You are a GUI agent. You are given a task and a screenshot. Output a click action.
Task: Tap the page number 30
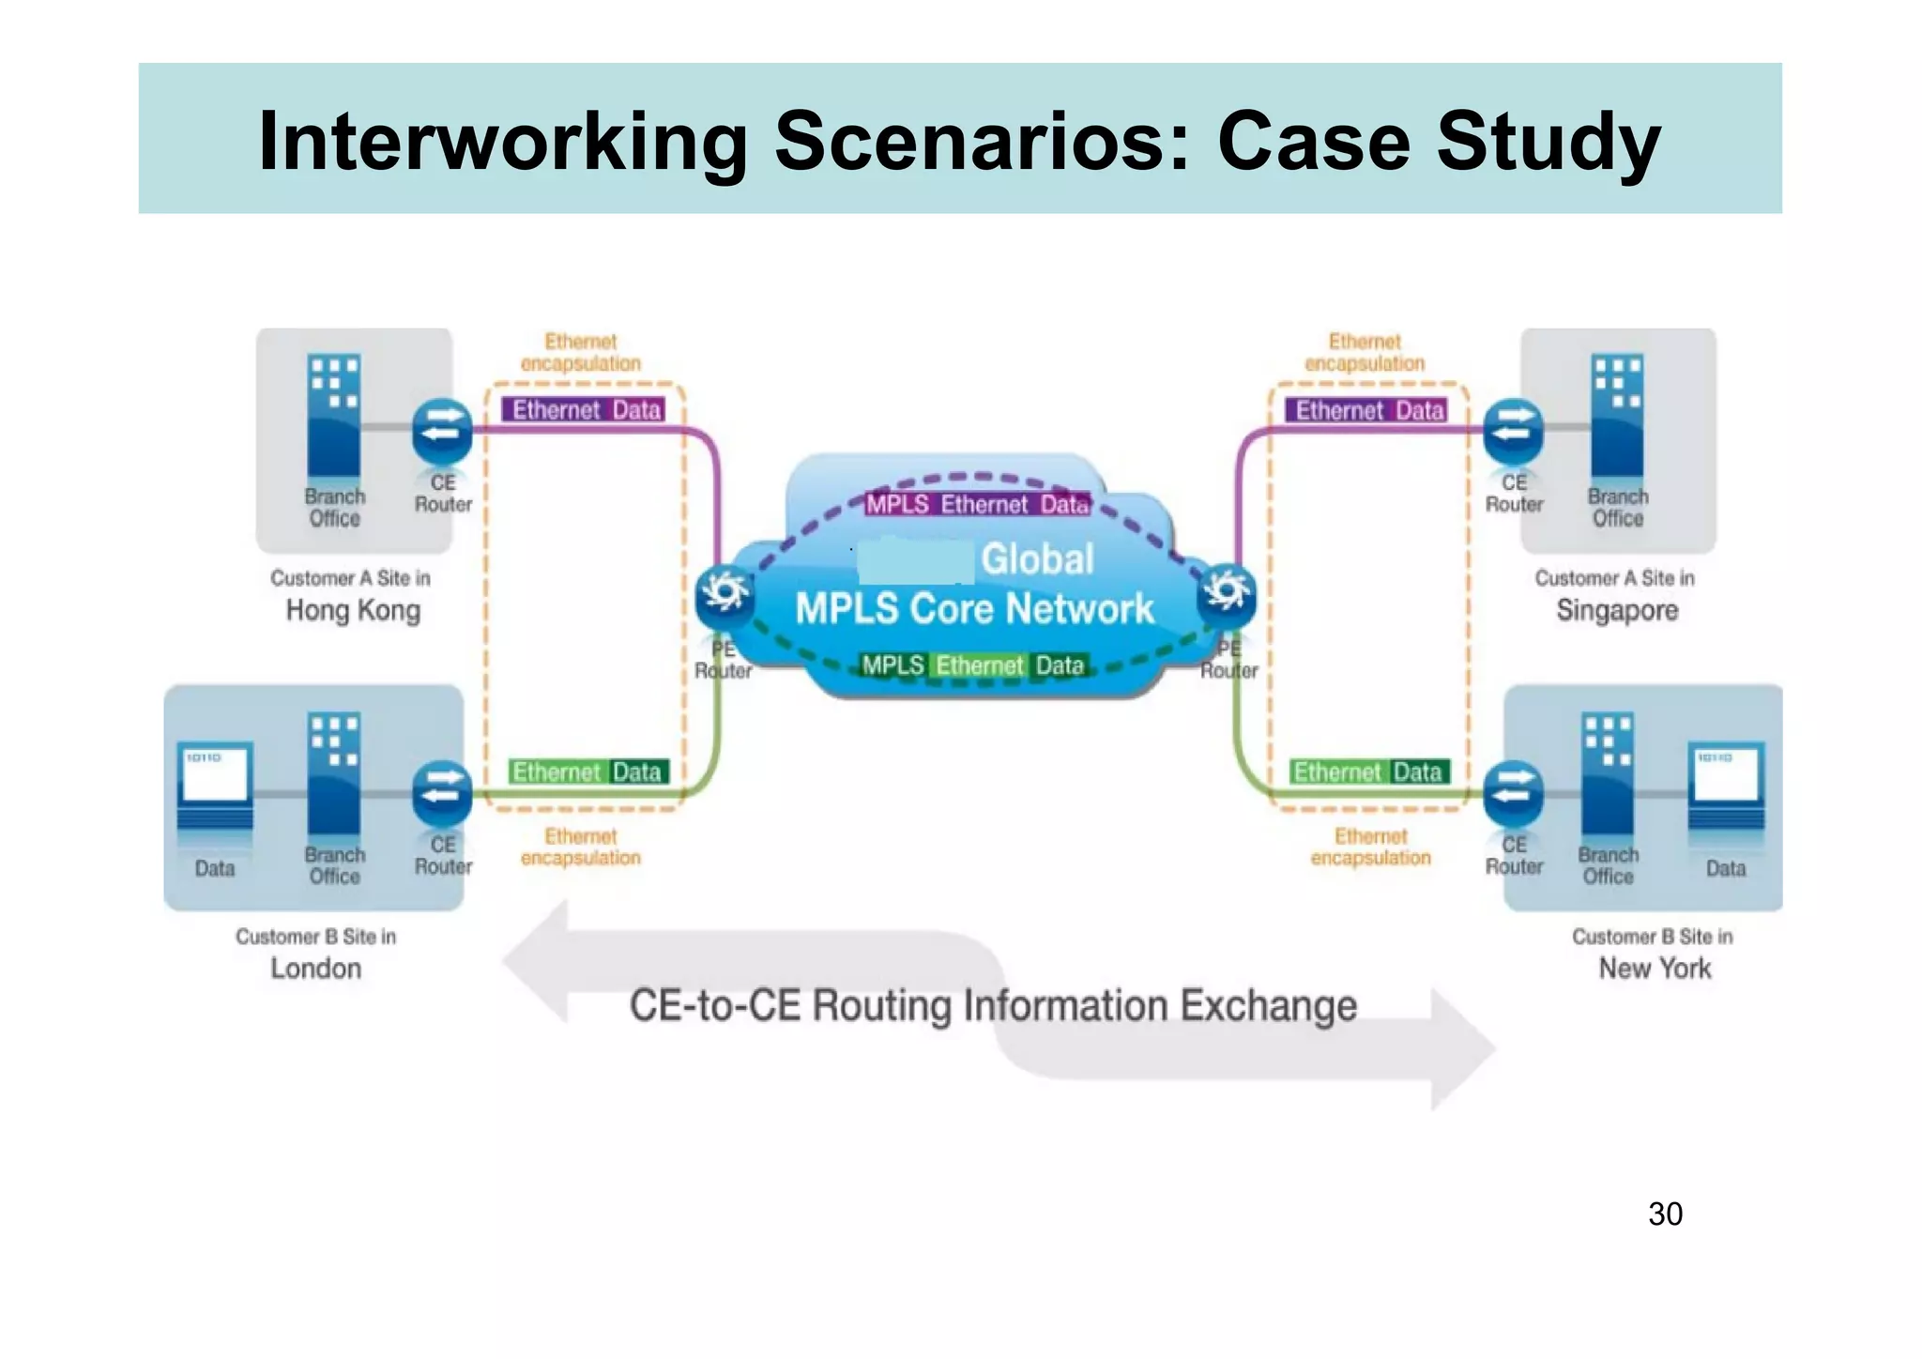pyautogui.click(x=1665, y=1214)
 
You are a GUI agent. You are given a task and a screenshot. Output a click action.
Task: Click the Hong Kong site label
pyautogui.click(x=353, y=610)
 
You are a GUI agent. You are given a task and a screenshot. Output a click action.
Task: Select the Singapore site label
pyautogui.click(x=1617, y=610)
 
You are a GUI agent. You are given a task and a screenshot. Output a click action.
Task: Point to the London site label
pyautogui.click(x=315, y=968)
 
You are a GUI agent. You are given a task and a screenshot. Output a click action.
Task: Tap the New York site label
pyautogui.click(x=1655, y=968)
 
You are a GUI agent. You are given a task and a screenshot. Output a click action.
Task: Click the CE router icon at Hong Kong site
pyautogui.click(x=442, y=430)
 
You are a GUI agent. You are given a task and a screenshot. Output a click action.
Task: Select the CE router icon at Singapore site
pyautogui.click(x=1513, y=430)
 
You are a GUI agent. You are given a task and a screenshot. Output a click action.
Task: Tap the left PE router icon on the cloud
pyautogui.click(x=725, y=592)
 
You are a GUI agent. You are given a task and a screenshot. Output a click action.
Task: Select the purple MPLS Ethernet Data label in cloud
pyautogui.click(x=977, y=504)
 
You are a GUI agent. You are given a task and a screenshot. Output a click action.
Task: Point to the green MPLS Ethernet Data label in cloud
pyautogui.click(x=973, y=665)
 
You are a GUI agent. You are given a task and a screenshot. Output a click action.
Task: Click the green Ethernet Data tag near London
pyautogui.click(x=587, y=771)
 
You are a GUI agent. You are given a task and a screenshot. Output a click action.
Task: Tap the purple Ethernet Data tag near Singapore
pyautogui.click(x=1369, y=410)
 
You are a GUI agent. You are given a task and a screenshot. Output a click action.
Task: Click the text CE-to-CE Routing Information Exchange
pyautogui.click(x=993, y=1005)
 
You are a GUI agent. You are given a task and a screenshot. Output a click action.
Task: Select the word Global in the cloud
pyautogui.click(x=1037, y=558)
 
